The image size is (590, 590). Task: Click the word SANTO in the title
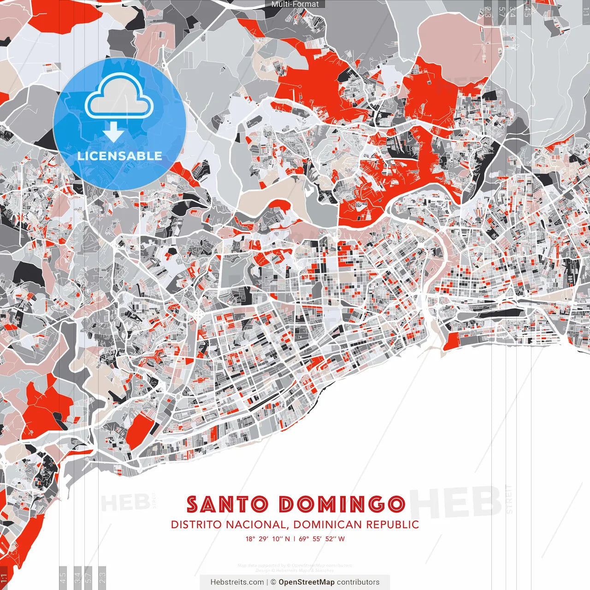pyautogui.click(x=227, y=505)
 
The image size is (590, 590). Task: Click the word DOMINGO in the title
pyautogui.click(x=342, y=505)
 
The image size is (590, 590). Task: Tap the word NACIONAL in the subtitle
pyautogui.click(x=251, y=525)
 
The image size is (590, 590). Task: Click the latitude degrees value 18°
pyautogui.click(x=250, y=539)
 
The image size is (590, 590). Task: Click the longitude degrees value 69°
pyautogui.click(x=304, y=539)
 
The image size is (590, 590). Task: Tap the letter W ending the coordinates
pyautogui.click(x=342, y=539)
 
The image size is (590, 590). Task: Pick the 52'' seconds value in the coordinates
pyautogui.click(x=330, y=539)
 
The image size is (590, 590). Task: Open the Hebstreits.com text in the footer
pyautogui.click(x=237, y=582)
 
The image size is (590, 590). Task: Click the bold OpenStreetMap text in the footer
pyautogui.click(x=307, y=582)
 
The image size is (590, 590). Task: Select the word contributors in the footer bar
pyautogui.click(x=358, y=582)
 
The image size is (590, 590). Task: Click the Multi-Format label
pyautogui.click(x=295, y=4)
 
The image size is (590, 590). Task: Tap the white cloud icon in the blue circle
pyautogui.click(x=119, y=95)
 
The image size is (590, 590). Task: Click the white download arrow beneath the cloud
pyautogui.click(x=113, y=133)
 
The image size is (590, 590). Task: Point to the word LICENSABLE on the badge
pyautogui.click(x=119, y=156)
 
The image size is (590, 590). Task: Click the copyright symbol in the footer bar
pyautogui.click(x=273, y=582)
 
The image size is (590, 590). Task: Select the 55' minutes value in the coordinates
pyautogui.click(x=317, y=539)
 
